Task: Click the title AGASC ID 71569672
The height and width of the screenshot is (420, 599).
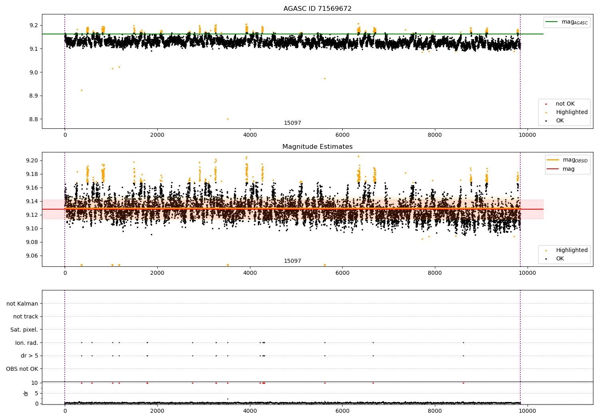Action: (317, 9)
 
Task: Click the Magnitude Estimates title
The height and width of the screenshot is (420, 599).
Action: (317, 147)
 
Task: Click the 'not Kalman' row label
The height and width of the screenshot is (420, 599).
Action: (22, 304)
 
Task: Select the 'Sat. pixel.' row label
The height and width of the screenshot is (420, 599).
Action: (24, 330)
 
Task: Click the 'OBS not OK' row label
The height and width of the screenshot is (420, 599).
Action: (22, 369)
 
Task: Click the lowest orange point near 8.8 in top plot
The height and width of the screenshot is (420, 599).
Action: (228, 119)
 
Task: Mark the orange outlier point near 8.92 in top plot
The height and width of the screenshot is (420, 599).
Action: (81, 90)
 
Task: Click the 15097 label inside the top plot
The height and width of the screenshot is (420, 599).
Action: (292, 123)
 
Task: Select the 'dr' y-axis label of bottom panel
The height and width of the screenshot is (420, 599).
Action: (26, 393)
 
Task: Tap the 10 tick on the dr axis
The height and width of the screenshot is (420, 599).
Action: (34, 383)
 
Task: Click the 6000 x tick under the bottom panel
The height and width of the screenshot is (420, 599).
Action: (342, 410)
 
